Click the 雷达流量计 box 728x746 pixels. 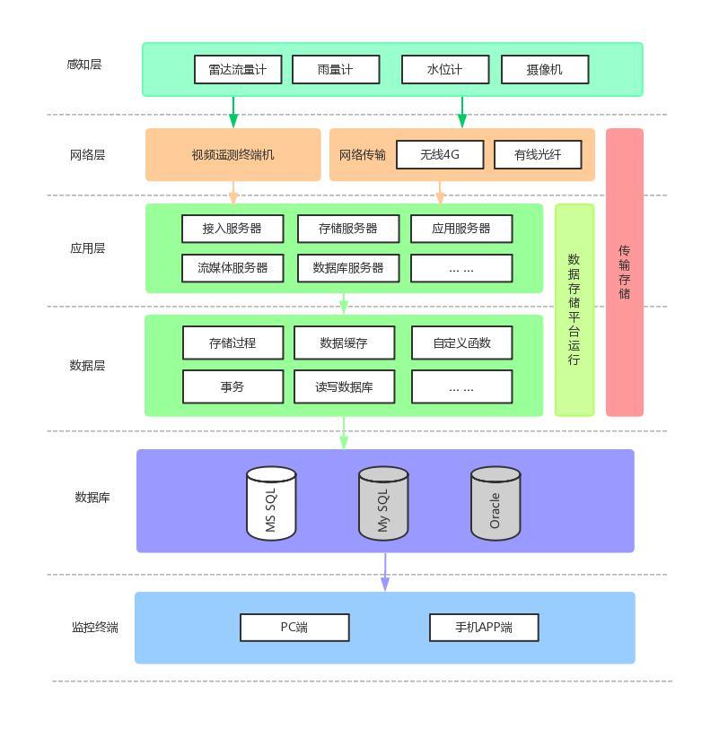coord(237,69)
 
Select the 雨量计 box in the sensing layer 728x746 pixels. coord(336,69)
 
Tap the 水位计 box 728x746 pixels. coord(444,69)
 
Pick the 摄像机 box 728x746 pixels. coord(544,69)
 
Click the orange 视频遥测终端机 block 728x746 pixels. coord(232,154)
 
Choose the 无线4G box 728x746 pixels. coord(440,154)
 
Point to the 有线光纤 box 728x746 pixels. coord(538,154)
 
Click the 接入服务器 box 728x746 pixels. coord(232,229)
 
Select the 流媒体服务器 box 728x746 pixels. coord(232,267)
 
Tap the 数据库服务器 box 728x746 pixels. coord(347,267)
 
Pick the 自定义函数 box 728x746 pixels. coord(461,343)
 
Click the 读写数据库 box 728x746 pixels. coord(344,386)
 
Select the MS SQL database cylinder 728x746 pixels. coord(271,504)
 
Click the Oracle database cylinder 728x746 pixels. coord(496,504)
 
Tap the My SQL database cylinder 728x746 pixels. coord(383,504)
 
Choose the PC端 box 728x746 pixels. coord(294,628)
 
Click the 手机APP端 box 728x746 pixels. coord(483,628)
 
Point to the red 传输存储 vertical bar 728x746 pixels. coord(625,272)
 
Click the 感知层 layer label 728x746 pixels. coord(84,65)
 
